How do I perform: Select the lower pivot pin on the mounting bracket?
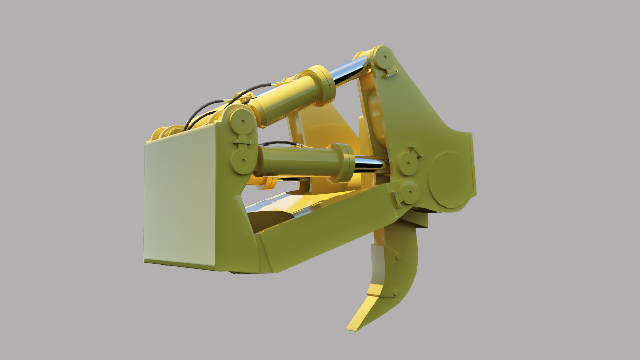[243, 161]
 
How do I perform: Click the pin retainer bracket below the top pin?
[390, 74]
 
